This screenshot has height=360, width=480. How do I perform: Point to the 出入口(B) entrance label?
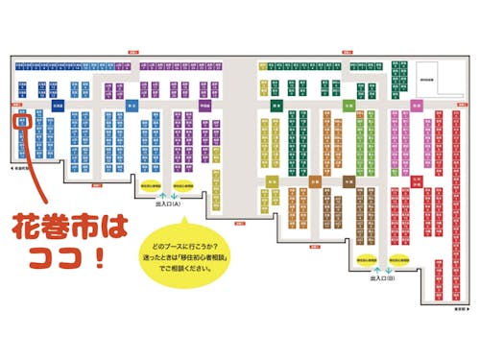pos(381,279)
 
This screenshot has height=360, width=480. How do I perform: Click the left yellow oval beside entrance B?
pos(366,259)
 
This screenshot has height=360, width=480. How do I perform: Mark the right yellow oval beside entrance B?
pos(396,259)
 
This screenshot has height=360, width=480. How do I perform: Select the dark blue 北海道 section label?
pos(57,106)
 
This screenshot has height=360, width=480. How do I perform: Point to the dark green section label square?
pos(275,107)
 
